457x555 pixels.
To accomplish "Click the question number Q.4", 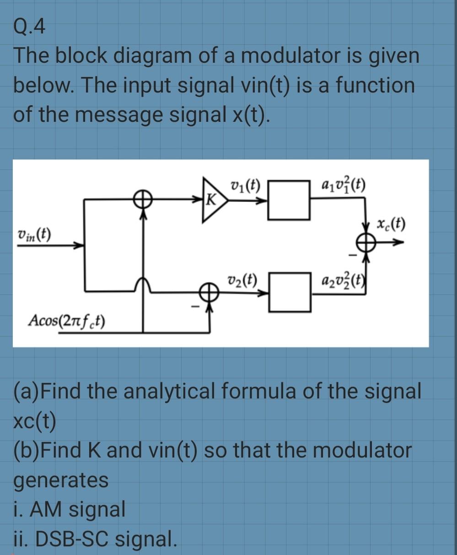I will [29, 28].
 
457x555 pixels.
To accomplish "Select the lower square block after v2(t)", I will [289, 292].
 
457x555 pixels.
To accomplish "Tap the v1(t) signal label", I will [245, 186].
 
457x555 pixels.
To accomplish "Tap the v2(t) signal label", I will [242, 279].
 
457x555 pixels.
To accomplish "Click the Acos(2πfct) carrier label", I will [67, 320].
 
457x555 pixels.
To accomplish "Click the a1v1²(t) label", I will [339, 186].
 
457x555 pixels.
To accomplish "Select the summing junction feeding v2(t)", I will [210, 292].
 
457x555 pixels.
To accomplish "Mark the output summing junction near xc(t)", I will [366, 245].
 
